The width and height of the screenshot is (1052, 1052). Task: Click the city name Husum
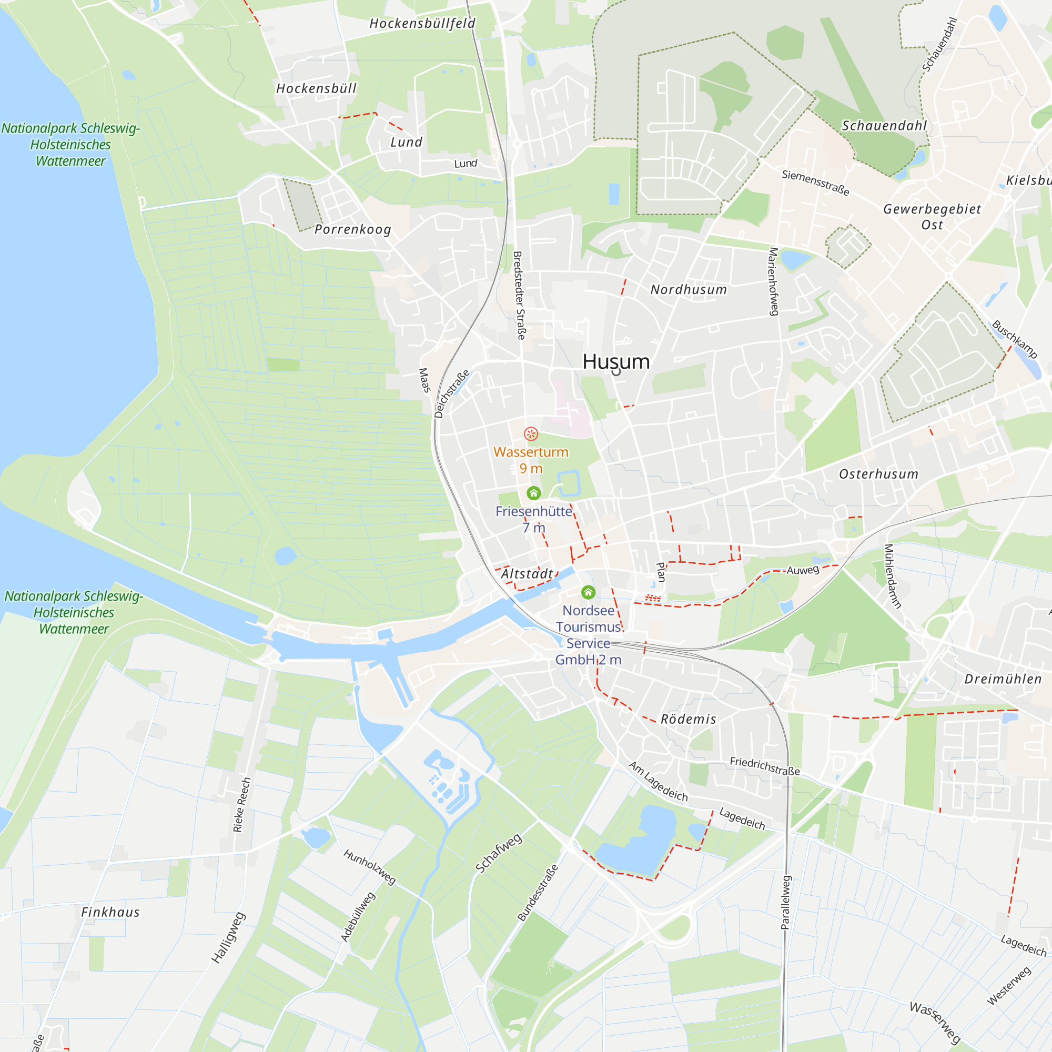[x=616, y=361]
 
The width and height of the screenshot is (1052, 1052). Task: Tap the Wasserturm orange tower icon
[x=531, y=433]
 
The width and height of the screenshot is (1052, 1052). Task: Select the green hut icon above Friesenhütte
[x=533, y=493]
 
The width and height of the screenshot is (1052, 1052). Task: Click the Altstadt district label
[x=527, y=574]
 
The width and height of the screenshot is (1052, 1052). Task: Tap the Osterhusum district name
[x=878, y=474]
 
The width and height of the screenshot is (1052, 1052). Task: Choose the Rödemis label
[x=688, y=719]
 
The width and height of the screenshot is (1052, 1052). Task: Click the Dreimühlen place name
[x=1003, y=679]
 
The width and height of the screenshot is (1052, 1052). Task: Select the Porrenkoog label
[x=353, y=229]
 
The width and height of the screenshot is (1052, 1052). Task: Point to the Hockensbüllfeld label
[x=422, y=24]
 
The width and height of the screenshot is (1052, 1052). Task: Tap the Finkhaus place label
[x=110, y=912]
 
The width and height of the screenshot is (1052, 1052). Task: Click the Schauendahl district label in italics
[x=884, y=126]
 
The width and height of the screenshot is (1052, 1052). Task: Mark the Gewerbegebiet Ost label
[x=932, y=216]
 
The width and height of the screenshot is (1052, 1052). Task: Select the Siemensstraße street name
[x=815, y=183]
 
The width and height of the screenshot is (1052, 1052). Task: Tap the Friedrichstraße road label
[x=764, y=766]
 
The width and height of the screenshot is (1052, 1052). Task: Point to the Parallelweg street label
[x=785, y=902]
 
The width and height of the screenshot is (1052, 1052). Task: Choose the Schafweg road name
[x=498, y=853]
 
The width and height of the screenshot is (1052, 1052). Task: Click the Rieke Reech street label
[x=242, y=804]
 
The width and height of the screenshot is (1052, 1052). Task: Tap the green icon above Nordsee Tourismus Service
[x=588, y=592]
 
